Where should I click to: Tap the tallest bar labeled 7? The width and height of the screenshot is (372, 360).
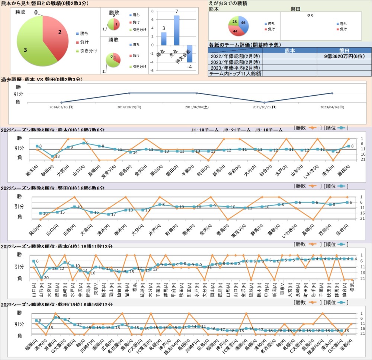[177, 30]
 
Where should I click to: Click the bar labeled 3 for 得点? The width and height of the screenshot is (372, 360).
[164, 39]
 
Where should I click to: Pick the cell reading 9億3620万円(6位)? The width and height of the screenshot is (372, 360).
[344, 56]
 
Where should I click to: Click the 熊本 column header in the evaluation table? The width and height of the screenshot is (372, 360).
[290, 50]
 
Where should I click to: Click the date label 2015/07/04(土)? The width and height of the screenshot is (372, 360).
[197, 107]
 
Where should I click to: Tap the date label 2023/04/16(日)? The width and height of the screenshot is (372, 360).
[332, 107]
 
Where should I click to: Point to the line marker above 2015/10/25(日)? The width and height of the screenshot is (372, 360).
[264, 102]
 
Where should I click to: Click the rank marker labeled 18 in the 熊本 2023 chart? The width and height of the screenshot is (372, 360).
[53, 156]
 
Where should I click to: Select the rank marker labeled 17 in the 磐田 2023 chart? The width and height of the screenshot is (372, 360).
[109, 214]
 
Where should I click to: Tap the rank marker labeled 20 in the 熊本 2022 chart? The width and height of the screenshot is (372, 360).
[41, 278]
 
